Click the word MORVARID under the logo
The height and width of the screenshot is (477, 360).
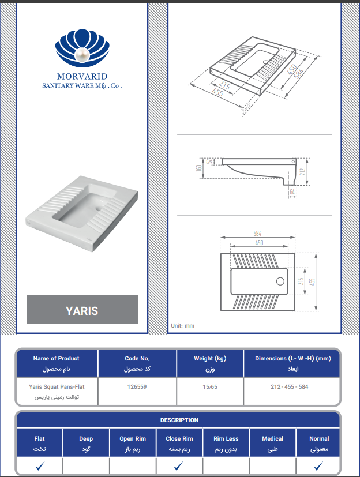coord(82,76)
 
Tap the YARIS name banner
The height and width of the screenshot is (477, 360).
coord(82,310)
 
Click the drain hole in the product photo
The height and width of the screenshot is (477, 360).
coord(99,209)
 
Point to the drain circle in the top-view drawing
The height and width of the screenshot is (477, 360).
coord(280,281)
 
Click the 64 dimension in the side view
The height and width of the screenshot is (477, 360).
coord(292,192)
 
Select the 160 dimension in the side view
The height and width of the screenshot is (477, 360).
coord(199,168)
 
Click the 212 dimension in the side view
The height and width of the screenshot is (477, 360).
coord(302,172)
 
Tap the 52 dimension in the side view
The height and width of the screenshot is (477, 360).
coord(209,161)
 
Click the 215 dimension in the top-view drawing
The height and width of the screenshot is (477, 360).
coord(301,281)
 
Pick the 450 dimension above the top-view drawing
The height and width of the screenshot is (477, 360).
coord(259,242)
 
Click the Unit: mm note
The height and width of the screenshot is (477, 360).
coord(182,325)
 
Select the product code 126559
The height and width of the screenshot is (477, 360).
coord(137,386)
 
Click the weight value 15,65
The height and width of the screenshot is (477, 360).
coord(210,386)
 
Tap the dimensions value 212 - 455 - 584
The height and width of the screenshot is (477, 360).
coord(290,386)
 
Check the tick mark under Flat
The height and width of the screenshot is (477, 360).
coord(40,465)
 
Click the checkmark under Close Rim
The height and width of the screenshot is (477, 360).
coord(179,465)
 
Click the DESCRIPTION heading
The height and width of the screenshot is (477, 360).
coord(179,420)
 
